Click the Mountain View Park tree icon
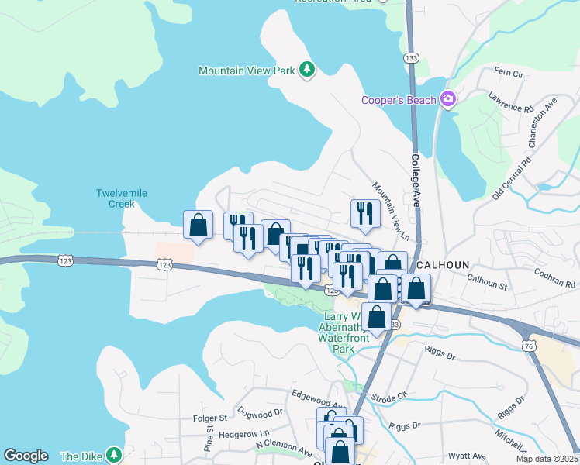click(x=308, y=71)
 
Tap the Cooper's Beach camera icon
click(x=447, y=99)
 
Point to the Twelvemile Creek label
click(x=116, y=198)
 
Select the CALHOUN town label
click(x=443, y=264)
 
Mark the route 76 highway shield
click(x=528, y=345)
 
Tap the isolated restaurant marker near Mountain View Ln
click(x=365, y=212)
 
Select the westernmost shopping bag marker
click(x=198, y=225)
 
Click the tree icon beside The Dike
click(x=114, y=455)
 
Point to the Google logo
click(x=26, y=456)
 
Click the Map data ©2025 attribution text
click(x=547, y=459)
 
